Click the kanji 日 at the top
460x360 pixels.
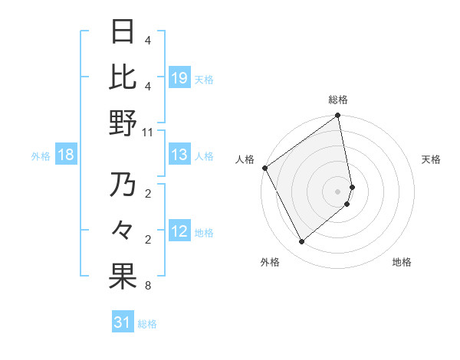tap(123, 31)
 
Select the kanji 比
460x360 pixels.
tap(123, 77)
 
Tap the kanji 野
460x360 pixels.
tap(123, 123)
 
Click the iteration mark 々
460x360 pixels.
tap(123, 231)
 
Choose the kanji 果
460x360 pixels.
tap(123, 277)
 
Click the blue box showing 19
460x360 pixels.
tap(179, 77)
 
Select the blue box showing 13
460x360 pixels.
tap(179, 155)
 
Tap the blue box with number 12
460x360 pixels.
tap(179, 231)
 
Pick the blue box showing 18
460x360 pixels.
tap(66, 155)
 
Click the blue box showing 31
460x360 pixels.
tap(123, 322)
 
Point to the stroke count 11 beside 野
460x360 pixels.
tap(147, 132)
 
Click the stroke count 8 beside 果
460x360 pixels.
tap(147, 286)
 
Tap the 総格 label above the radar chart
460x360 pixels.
tap(338, 100)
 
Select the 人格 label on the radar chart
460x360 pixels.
tap(245, 159)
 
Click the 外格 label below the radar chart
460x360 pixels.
tap(270, 262)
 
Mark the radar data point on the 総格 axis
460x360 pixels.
tap(338, 116)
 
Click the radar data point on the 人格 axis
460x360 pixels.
tap(265, 168)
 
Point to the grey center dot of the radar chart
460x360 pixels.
tap(338, 191)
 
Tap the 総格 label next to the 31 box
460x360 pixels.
tap(147, 324)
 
